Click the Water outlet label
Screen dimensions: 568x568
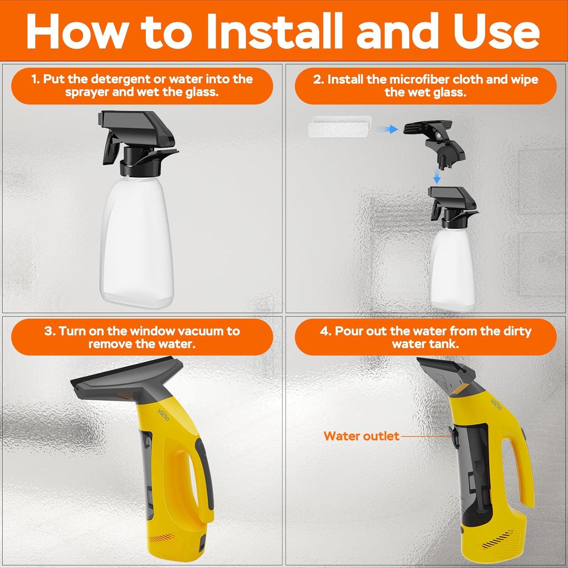point(361,436)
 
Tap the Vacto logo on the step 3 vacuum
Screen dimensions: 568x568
point(164,417)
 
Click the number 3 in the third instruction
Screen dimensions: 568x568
point(48,331)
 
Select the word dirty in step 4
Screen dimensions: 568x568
point(517,331)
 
